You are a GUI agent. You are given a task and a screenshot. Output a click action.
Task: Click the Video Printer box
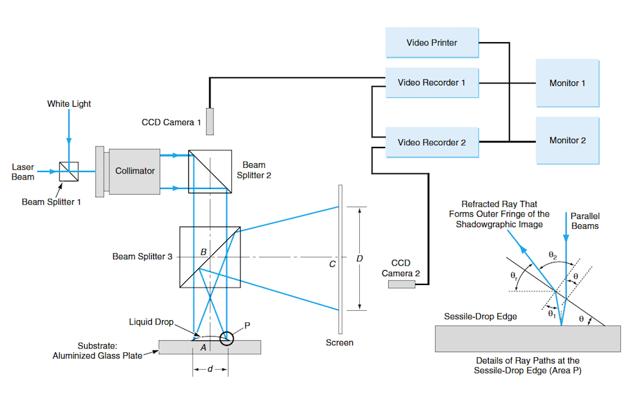(431, 43)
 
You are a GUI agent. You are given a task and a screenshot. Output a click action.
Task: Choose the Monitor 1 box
(563, 83)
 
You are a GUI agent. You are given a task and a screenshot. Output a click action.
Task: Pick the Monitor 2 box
(563, 140)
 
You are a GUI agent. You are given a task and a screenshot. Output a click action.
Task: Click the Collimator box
(135, 171)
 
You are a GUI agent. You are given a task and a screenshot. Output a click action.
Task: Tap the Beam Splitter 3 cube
(210, 257)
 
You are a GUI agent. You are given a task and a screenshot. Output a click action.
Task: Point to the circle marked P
(226, 340)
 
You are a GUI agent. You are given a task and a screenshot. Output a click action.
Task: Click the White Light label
(69, 104)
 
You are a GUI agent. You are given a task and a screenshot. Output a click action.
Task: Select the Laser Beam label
(23, 171)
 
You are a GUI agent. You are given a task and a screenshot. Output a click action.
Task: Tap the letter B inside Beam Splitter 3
(203, 252)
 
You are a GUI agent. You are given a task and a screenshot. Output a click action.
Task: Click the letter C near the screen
(332, 264)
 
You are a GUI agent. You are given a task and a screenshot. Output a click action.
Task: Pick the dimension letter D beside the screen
(360, 258)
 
